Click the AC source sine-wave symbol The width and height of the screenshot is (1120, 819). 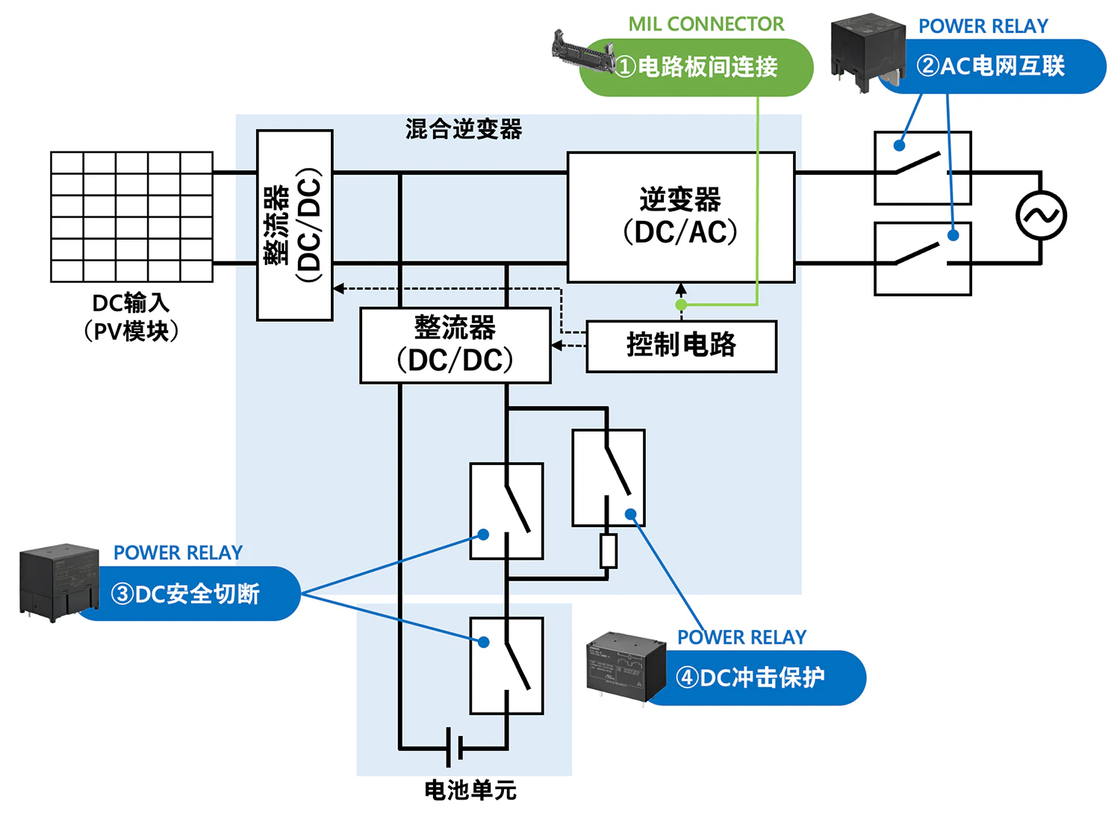click(1041, 216)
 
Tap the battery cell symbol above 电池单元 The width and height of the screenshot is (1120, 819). click(454, 747)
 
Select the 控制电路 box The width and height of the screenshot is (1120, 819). click(681, 346)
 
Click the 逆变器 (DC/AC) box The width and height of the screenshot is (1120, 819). click(680, 217)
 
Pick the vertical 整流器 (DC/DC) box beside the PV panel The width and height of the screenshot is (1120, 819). click(294, 225)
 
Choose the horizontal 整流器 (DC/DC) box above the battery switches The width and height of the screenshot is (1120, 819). click(455, 345)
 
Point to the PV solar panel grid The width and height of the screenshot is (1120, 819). click(131, 217)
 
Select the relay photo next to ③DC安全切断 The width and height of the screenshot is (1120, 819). click(58, 581)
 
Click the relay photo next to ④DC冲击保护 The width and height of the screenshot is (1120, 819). click(625, 664)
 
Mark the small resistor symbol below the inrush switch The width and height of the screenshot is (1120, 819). click(609, 551)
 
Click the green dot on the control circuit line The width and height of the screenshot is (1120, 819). click(681, 305)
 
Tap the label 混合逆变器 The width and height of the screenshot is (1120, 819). click(464, 129)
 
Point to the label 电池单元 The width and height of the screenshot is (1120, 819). click(470, 790)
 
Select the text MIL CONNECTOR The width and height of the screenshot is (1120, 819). click(706, 24)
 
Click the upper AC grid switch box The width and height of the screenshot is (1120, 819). click(922, 168)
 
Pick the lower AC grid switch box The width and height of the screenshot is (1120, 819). click(922, 258)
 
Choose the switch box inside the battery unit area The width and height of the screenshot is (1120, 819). click(506, 665)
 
